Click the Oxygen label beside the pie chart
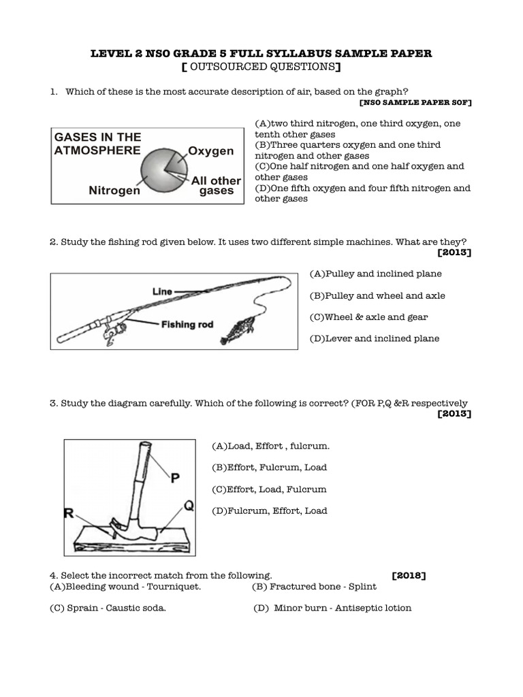click(210, 151)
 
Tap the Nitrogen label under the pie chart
click(114, 191)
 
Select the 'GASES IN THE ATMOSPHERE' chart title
click(97, 144)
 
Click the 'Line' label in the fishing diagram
click(162, 291)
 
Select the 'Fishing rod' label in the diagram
click(187, 325)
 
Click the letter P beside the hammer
click(175, 479)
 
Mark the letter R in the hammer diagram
click(69, 514)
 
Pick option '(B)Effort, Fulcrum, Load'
click(270, 468)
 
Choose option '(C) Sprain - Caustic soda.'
click(108, 609)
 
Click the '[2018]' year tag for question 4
click(409, 576)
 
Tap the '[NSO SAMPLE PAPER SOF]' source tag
click(415, 102)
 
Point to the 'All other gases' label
click(216, 186)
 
